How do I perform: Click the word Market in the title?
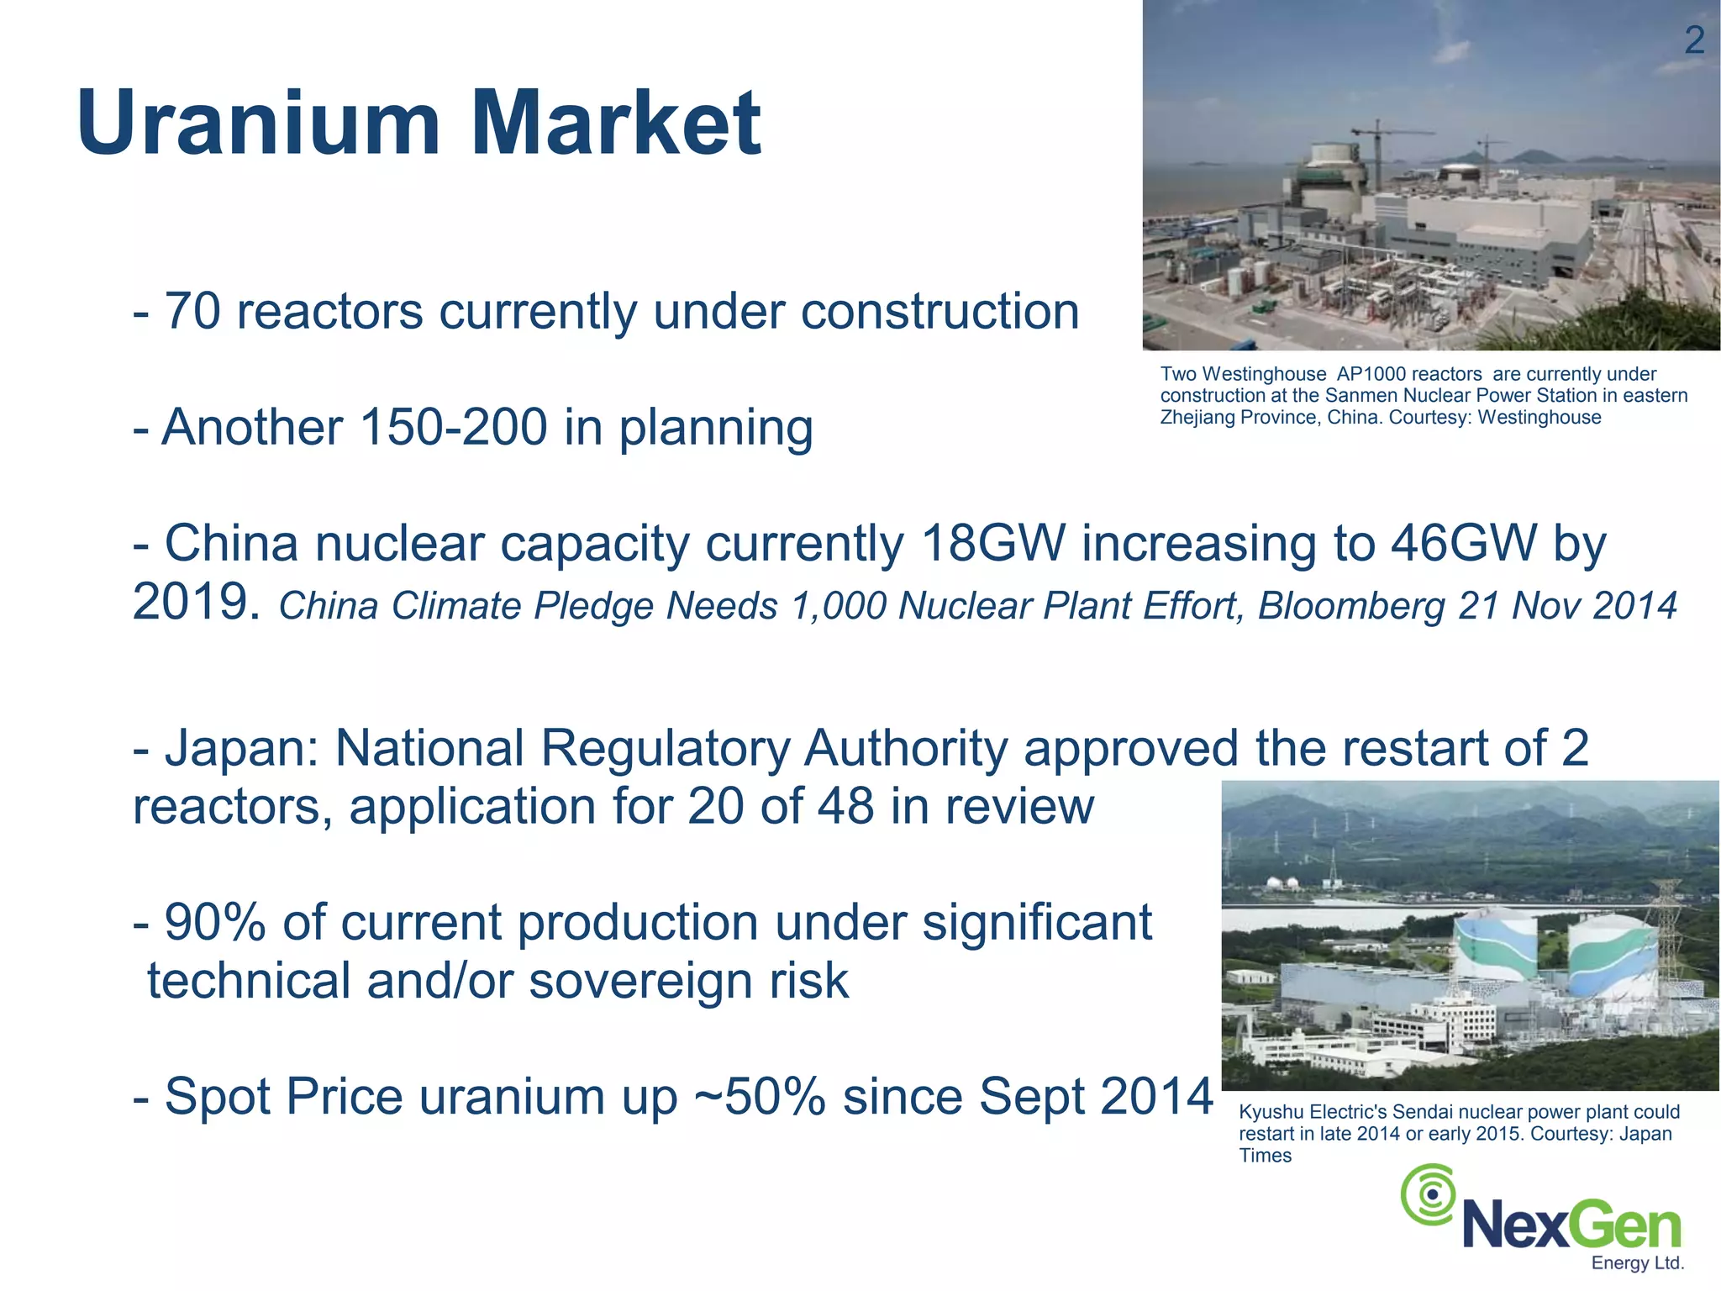(616, 124)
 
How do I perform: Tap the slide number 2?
(1694, 40)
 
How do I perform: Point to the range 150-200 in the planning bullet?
(454, 428)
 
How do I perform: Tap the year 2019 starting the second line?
(196, 603)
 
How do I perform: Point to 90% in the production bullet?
(215, 923)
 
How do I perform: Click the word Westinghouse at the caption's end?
(1539, 418)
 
